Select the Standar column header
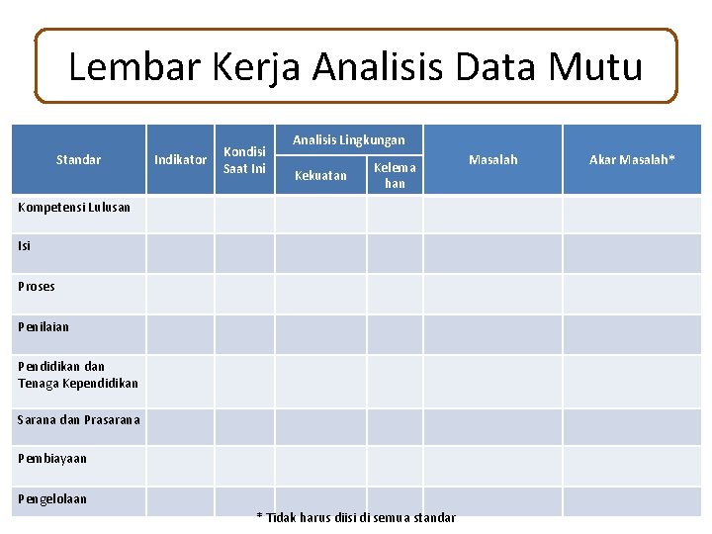pos(78,159)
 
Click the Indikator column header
pos(181,159)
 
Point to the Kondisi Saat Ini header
pos(244,159)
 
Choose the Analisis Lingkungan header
pos(348,140)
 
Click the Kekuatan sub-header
pos(321,176)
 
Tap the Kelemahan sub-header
pos(395,176)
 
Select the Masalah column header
pos(492,159)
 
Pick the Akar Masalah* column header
pos(632,159)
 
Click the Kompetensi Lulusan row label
pos(74,208)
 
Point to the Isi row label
pos(25,247)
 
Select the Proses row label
pos(37,287)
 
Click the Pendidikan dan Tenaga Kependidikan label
pos(78,375)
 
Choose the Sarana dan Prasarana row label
pos(79,420)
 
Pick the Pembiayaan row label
pos(52,459)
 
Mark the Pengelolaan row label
pos(52,498)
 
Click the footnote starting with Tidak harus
pos(357,518)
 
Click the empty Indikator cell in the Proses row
pos(181,294)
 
